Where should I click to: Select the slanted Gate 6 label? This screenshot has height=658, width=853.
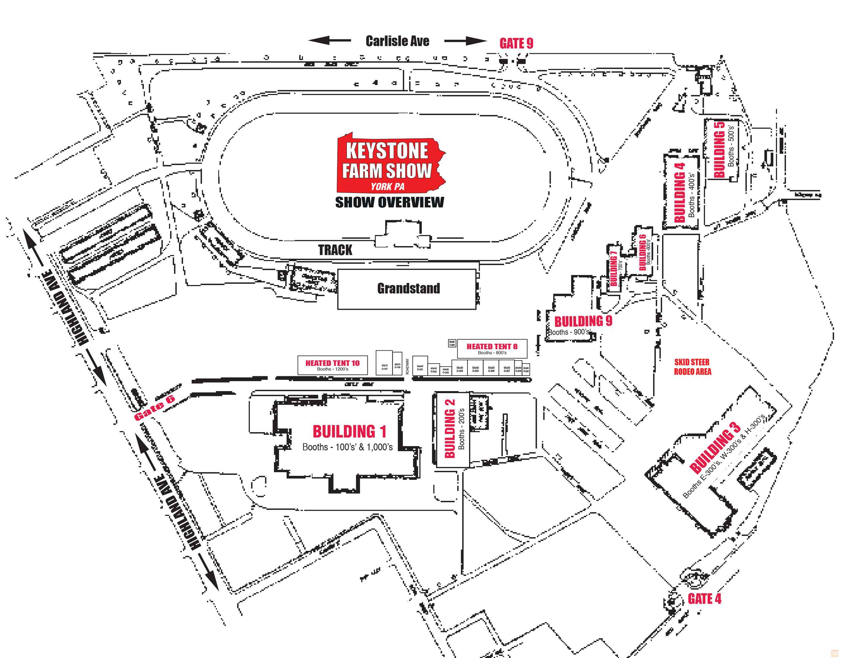pos(154,408)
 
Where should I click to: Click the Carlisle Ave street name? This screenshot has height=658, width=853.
pos(397,41)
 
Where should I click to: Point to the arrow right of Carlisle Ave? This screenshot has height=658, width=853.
pos(465,41)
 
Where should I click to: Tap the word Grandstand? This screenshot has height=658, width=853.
pos(409,288)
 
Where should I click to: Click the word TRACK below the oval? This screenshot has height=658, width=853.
pos(335,250)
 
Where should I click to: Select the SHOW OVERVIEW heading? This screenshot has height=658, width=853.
pos(390,202)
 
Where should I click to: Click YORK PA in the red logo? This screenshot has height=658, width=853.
pos(388,186)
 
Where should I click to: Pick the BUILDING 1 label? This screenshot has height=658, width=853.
pos(349,432)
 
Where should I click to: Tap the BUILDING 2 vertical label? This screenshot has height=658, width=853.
pos(449,429)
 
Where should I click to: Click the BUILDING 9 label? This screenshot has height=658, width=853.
pos(583,321)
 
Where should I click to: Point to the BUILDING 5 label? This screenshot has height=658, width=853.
pos(719,150)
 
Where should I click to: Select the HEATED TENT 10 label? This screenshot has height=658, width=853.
pos(333,363)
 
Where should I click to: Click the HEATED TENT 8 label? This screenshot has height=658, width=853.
pos(492,347)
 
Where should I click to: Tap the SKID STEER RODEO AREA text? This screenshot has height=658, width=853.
pos(692,367)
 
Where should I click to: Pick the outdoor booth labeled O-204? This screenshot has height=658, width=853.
pos(460,369)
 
